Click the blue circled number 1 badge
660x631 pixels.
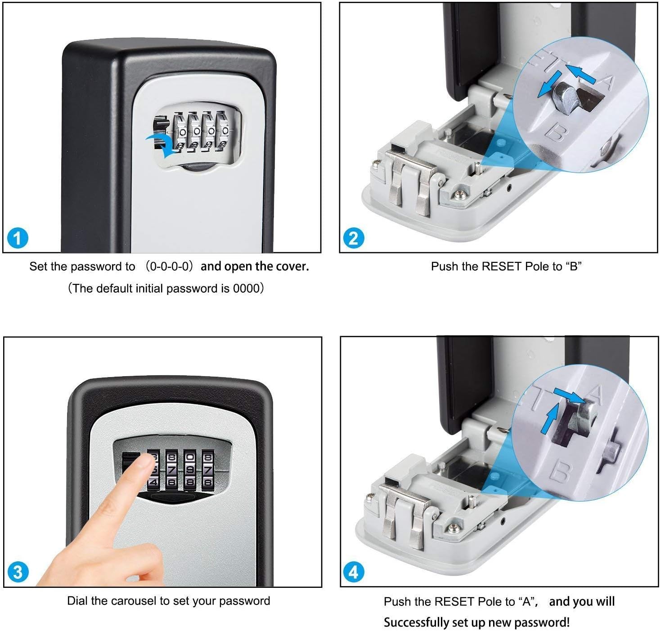click(18, 238)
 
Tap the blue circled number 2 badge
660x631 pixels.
click(354, 238)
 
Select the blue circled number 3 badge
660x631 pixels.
click(18, 572)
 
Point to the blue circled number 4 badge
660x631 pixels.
click(354, 572)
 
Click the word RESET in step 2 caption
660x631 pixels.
click(502, 267)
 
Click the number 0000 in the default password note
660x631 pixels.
click(246, 289)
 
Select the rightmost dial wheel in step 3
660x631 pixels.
click(207, 471)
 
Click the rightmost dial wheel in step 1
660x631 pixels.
click(223, 130)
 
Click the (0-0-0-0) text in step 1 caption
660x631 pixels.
click(169, 267)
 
